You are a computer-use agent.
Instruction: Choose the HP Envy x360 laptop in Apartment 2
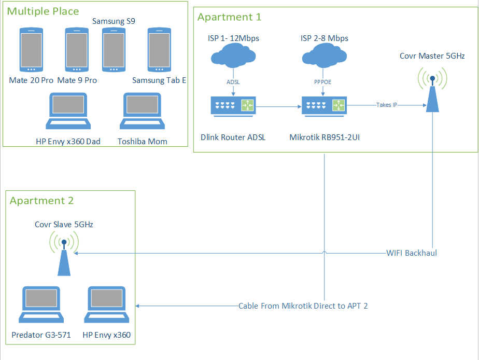click(107, 304)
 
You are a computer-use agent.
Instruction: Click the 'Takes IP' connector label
click(387, 105)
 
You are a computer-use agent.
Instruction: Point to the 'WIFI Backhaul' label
click(412, 253)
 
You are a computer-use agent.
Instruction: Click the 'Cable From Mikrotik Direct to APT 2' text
click(303, 306)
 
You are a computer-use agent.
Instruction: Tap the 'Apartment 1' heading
click(229, 17)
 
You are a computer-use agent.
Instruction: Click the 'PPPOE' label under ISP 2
click(324, 81)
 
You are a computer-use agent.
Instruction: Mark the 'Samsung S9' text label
click(114, 21)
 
